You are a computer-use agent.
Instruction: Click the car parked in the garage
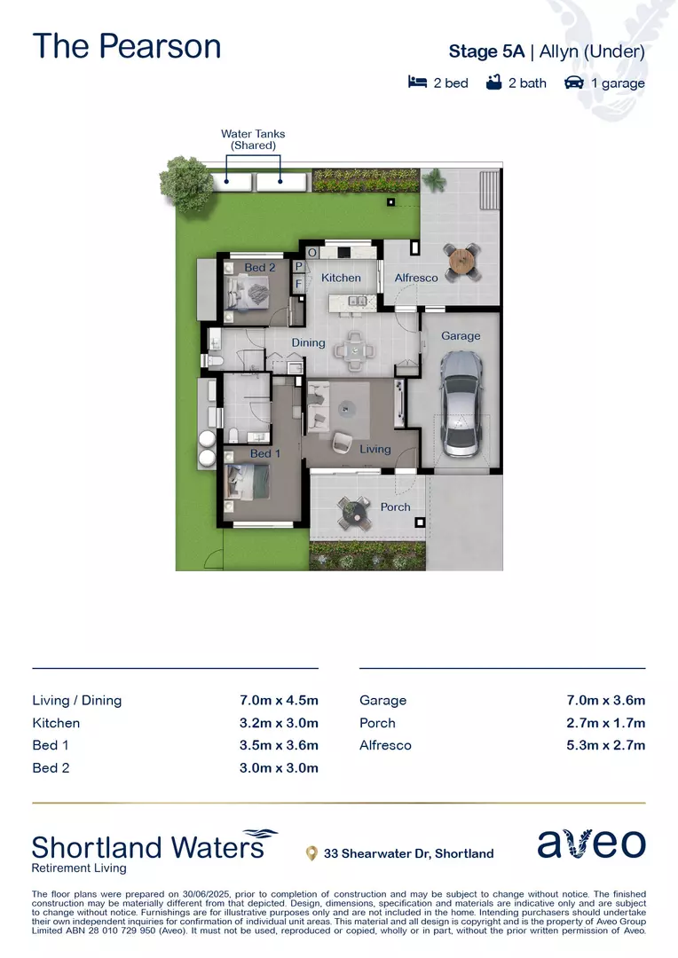[x=461, y=404]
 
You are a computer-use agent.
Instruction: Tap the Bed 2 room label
[x=260, y=267]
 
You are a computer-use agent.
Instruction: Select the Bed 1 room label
[x=265, y=453]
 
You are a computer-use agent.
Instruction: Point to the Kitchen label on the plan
[x=341, y=278]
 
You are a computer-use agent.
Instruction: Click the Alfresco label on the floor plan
[x=416, y=278]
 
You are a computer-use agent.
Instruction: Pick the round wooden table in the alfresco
[x=462, y=260]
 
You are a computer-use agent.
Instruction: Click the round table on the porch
[x=354, y=511]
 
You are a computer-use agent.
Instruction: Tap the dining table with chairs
[x=354, y=349]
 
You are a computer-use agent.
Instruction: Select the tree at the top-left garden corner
[x=188, y=184]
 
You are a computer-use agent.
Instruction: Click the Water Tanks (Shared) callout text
[x=253, y=139]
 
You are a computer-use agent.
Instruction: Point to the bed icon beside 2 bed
[x=417, y=82]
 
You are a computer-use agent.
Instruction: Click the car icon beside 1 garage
[x=574, y=82]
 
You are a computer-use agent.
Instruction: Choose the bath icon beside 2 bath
[x=494, y=82]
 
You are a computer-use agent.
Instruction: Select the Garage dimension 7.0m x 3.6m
[x=605, y=700]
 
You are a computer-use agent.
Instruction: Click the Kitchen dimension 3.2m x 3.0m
[x=279, y=723]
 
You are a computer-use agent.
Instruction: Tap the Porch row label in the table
[x=377, y=723]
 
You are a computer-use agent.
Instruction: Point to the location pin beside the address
[x=311, y=853]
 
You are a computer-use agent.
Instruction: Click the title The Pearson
[x=126, y=46]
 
